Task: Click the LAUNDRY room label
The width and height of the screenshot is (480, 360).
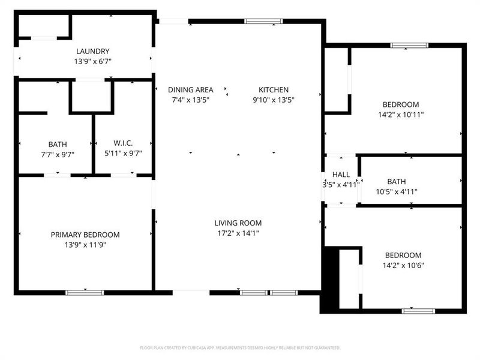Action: coord(92,52)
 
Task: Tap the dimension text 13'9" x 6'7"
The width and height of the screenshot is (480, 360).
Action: coord(93,61)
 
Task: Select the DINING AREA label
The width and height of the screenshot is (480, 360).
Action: coord(190,90)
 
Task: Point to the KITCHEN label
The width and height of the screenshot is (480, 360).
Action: coord(274,90)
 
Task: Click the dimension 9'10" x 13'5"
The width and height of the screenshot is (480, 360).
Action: coord(274,100)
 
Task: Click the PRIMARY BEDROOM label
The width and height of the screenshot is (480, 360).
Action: coord(85,235)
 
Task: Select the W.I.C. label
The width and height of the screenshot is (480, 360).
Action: coord(122,143)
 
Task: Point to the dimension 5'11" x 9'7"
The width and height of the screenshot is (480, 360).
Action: coord(122,153)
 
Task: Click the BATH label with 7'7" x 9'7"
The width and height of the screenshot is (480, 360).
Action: coord(58,144)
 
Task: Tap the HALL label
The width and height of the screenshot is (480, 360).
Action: coord(341,175)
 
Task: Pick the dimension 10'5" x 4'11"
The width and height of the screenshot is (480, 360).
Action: coord(396,191)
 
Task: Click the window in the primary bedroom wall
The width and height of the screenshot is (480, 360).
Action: coord(85,293)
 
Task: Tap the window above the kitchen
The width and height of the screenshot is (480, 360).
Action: coord(263,22)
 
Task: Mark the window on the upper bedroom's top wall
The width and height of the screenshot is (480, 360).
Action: coord(409,45)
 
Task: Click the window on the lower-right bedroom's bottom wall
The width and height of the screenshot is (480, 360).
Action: coord(418,311)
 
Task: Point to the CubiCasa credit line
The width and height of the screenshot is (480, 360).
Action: coord(240,347)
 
